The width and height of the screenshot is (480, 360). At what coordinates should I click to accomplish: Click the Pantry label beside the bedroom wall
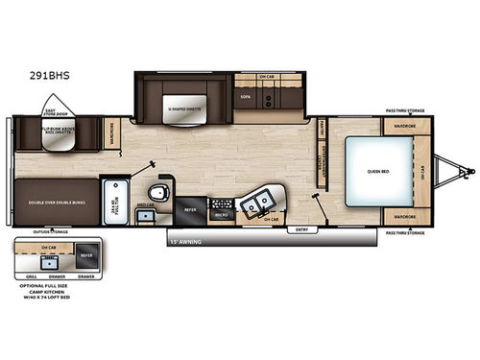[322, 130]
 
